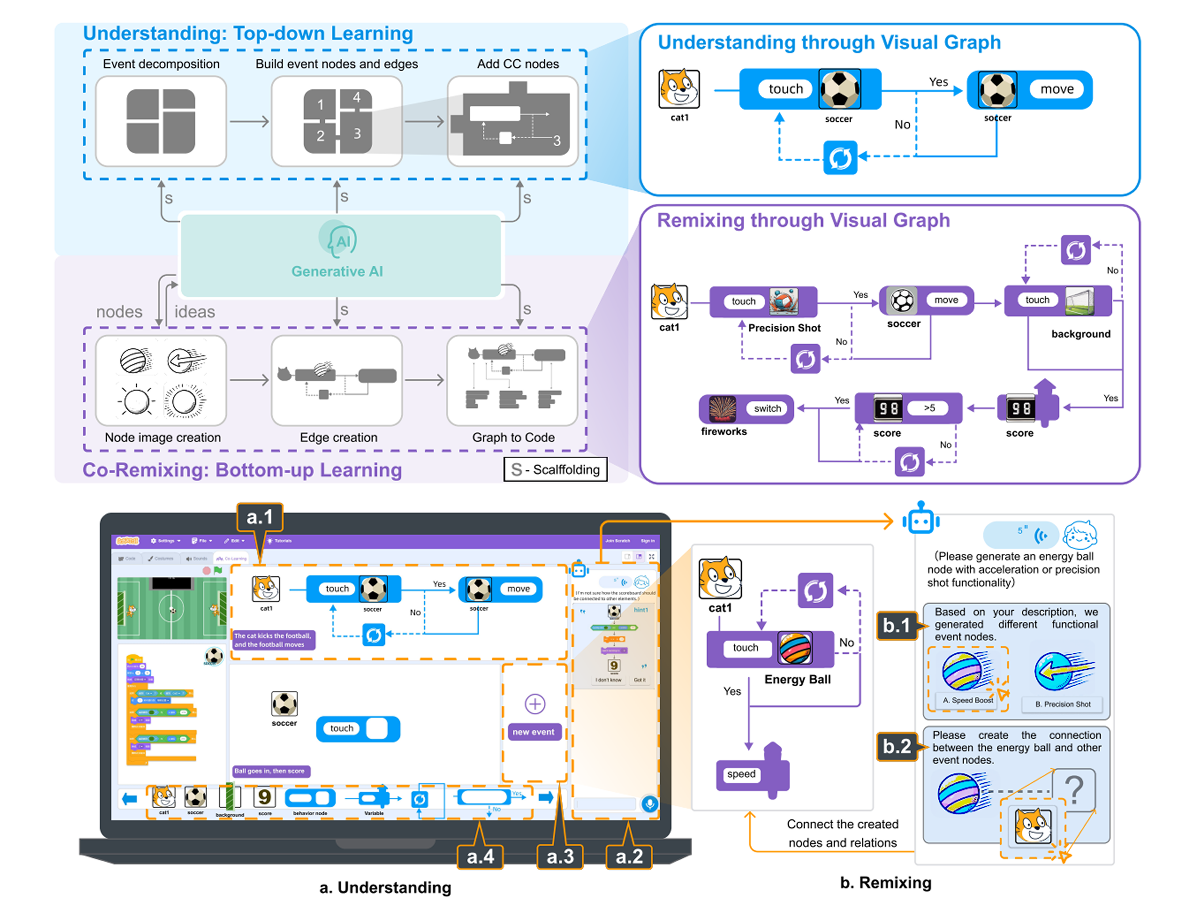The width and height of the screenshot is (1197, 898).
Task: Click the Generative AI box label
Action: (337, 271)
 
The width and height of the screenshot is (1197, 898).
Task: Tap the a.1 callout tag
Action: (259, 517)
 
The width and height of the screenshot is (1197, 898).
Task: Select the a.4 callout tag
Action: (480, 856)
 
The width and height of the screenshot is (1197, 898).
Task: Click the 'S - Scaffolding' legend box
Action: (555, 469)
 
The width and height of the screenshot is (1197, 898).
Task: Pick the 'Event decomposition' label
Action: (161, 64)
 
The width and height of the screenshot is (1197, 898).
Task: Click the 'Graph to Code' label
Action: (513, 438)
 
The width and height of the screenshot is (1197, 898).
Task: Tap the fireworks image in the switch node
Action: (722, 409)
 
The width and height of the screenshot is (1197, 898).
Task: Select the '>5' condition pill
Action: (929, 408)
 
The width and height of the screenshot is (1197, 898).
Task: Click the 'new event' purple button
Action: (534, 732)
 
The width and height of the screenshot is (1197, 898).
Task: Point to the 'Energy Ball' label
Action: (797, 679)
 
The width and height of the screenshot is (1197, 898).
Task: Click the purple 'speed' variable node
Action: (741, 774)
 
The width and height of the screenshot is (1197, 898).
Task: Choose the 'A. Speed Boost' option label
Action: (968, 700)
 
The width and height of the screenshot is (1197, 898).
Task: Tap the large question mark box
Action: (1074, 789)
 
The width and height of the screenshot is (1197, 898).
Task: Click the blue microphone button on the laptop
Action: (650, 804)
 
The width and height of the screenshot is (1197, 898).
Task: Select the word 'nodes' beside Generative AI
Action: (119, 312)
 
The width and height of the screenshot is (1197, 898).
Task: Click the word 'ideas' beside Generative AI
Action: (195, 312)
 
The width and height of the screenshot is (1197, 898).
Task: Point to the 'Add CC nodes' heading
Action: (518, 64)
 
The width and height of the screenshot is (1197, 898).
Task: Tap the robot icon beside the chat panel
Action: (920, 518)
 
